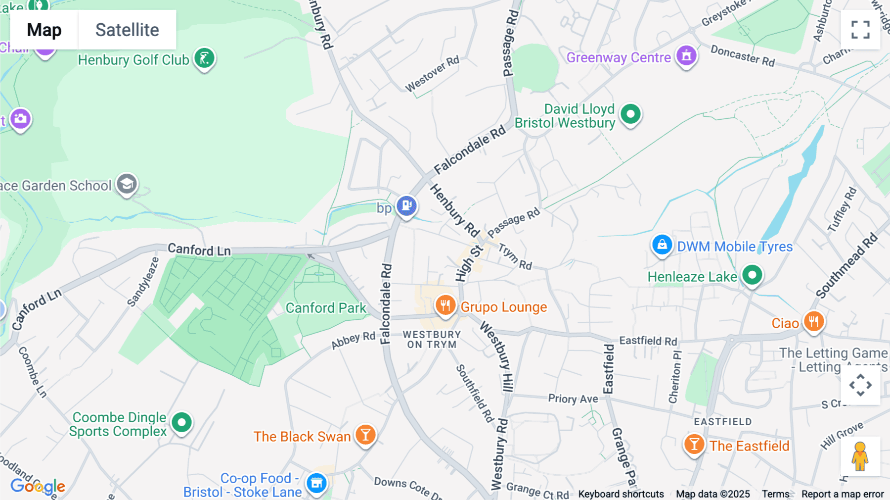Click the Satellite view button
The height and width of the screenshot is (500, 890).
click(127, 30)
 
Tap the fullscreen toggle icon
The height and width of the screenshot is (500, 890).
click(860, 30)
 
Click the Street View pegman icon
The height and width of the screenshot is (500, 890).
click(860, 456)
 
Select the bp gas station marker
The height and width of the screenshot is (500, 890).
click(406, 205)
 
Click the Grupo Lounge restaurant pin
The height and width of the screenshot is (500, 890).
click(445, 305)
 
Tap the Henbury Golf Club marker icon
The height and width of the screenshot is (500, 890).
click(204, 58)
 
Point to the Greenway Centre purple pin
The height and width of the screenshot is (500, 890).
click(686, 55)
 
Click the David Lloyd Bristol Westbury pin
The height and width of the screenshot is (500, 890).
click(630, 114)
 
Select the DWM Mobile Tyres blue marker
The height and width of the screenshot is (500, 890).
click(662, 245)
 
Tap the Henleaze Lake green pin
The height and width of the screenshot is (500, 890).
click(752, 275)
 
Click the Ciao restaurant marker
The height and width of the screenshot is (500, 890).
click(813, 321)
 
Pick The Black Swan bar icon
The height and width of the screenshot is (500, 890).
click(365, 435)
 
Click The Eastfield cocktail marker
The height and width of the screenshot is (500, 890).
click(694, 444)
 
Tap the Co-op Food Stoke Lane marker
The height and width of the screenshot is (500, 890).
click(316, 483)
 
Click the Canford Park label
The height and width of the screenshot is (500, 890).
click(326, 308)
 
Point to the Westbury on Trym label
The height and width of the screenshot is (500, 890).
click(432, 340)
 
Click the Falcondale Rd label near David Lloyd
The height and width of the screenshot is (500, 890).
click(470, 150)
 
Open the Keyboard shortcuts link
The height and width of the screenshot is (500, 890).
click(621, 494)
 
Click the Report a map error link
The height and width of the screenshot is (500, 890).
click(843, 494)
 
